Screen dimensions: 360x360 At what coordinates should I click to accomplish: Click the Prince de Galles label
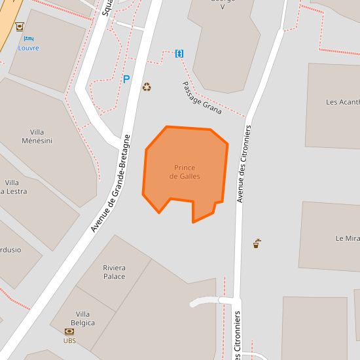[185, 172]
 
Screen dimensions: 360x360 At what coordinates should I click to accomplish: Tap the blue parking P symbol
[126, 79]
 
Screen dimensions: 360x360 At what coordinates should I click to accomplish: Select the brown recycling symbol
[147, 86]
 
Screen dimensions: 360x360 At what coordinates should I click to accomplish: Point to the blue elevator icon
[179, 53]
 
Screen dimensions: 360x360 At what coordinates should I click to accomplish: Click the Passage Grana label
[202, 98]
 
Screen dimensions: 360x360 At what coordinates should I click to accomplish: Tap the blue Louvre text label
[28, 48]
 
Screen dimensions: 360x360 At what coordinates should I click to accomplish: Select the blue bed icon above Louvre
[28, 39]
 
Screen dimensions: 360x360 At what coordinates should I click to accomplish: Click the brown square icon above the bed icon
[20, 26]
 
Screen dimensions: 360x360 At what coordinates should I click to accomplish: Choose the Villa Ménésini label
[37, 136]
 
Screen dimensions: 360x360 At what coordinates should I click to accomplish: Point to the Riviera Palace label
[114, 272]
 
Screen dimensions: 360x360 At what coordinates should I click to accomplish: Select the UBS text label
[69, 340]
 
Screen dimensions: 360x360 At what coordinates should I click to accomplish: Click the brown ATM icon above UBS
[69, 331]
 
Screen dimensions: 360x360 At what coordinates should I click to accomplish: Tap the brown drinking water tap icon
[257, 243]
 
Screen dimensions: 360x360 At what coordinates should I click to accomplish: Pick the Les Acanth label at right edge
[342, 102]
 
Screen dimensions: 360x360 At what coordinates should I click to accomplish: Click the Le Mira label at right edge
[347, 238]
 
